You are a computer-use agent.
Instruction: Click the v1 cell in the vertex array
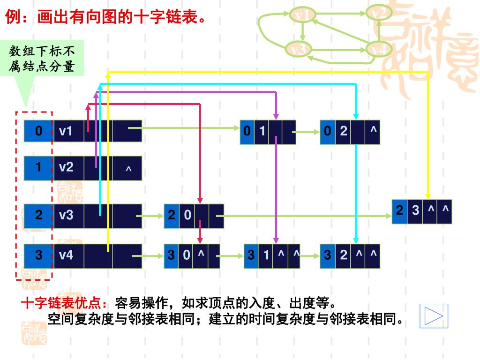tap(68, 131)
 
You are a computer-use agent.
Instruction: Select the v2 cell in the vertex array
tap(68, 167)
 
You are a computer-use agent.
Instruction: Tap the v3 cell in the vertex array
tap(68, 215)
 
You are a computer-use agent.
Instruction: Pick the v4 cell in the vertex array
tap(68, 255)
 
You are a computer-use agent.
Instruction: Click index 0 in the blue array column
tap(39, 131)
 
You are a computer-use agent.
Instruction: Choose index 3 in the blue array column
tap(39, 255)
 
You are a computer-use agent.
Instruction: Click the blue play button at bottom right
tap(434, 315)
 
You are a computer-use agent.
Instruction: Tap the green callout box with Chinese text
tap(42, 59)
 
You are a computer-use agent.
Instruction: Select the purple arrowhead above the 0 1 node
tap(276, 115)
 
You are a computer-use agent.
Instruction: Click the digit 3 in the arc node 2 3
tap(415, 211)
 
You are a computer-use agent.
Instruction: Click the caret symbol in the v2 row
tap(128, 169)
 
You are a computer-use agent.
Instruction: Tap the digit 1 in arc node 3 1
tap(266, 255)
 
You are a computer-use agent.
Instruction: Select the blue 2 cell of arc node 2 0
tap(171, 216)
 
